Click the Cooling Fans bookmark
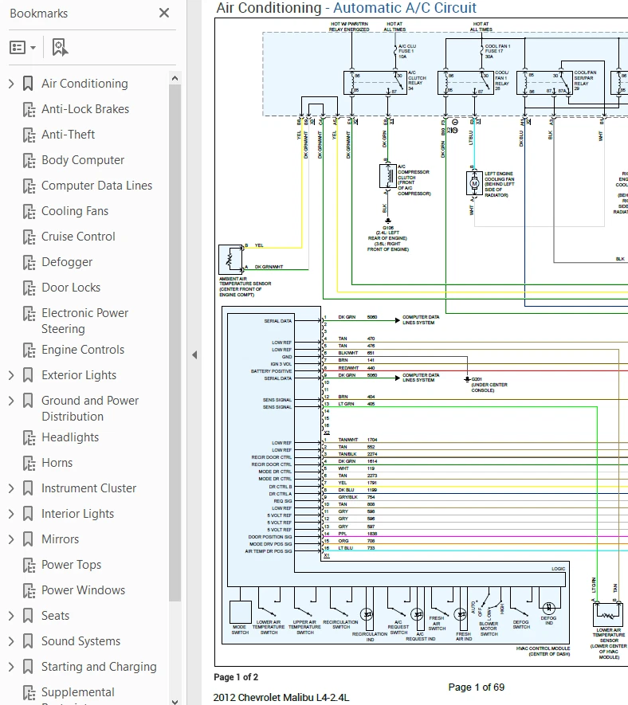pyautogui.click(x=74, y=211)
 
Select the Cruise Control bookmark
pyautogui.click(x=78, y=237)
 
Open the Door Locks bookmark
pyautogui.click(x=71, y=288)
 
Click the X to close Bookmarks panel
pyautogui.click(x=164, y=13)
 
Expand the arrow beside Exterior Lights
pyautogui.click(x=11, y=375)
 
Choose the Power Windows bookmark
pyautogui.click(x=83, y=590)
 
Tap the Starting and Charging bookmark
pyautogui.click(x=99, y=667)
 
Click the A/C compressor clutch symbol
pyautogui.click(x=388, y=176)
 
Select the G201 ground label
pyautogui.click(x=477, y=379)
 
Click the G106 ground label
pyautogui.click(x=388, y=227)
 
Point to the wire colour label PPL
pyautogui.click(x=343, y=534)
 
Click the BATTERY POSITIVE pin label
pyautogui.click(x=271, y=371)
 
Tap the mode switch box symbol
pyautogui.click(x=240, y=613)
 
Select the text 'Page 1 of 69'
pyautogui.click(x=476, y=687)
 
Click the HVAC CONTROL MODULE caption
pyautogui.click(x=544, y=648)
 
